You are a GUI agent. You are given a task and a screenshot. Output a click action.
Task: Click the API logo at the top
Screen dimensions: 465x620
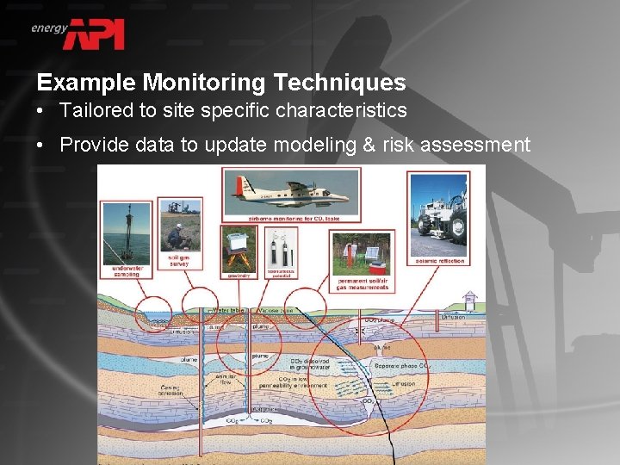coord(97,34)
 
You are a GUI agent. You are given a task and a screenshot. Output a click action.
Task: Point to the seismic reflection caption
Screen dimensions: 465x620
coord(439,260)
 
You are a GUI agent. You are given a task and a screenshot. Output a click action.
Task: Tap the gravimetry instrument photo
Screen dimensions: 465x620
coord(239,248)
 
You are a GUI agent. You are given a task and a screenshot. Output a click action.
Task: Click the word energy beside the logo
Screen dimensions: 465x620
coord(49,28)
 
